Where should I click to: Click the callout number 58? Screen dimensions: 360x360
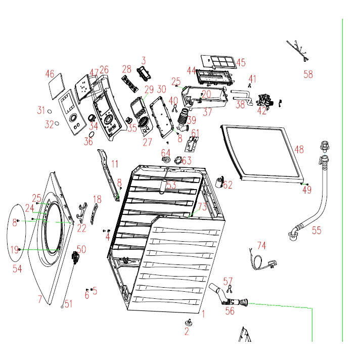(308, 75)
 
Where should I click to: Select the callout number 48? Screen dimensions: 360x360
(299, 150)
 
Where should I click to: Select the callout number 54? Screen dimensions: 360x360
(17, 269)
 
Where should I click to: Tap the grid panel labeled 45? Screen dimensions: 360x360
(218, 63)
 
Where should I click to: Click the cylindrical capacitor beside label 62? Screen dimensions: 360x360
(219, 181)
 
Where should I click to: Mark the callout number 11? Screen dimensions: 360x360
(115, 164)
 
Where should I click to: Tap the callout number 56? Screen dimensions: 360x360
(230, 311)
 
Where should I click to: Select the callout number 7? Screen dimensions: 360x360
(40, 299)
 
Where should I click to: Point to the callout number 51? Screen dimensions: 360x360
(68, 304)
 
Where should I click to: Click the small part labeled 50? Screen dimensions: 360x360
(76, 258)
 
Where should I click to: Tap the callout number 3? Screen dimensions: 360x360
(143, 61)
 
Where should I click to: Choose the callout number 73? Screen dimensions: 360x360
(202, 206)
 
